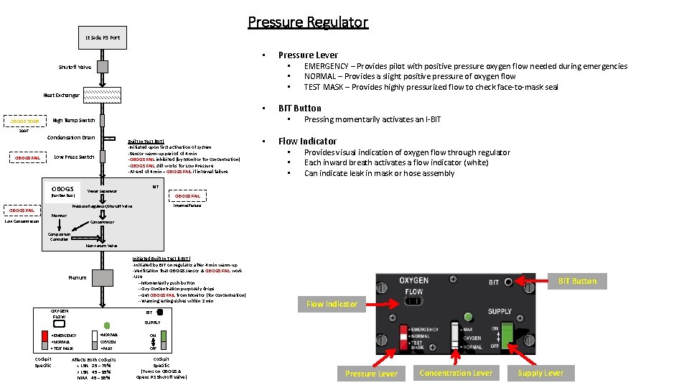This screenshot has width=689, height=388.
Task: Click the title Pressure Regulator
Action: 308,22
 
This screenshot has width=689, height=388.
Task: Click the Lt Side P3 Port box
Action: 103,37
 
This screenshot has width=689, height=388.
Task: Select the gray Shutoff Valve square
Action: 103,67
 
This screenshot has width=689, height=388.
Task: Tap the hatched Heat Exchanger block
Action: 103,95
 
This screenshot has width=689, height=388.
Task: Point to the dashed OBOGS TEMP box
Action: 24,121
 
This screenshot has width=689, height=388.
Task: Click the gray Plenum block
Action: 103,277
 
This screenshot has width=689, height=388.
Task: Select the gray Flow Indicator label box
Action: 332,304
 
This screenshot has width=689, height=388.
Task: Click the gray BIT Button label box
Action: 578,281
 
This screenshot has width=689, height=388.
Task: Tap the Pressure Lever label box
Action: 371,373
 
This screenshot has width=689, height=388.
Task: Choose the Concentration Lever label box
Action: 456,373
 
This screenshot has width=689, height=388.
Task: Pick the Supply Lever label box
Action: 540,373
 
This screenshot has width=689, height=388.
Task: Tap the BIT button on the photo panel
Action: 509,281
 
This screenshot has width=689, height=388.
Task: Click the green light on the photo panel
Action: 468,316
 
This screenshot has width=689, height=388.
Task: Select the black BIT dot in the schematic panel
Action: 159,313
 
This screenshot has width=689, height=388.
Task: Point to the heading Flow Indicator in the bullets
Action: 307,141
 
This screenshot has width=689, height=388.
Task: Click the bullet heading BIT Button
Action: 299,108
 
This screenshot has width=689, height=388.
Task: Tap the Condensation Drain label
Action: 70,137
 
